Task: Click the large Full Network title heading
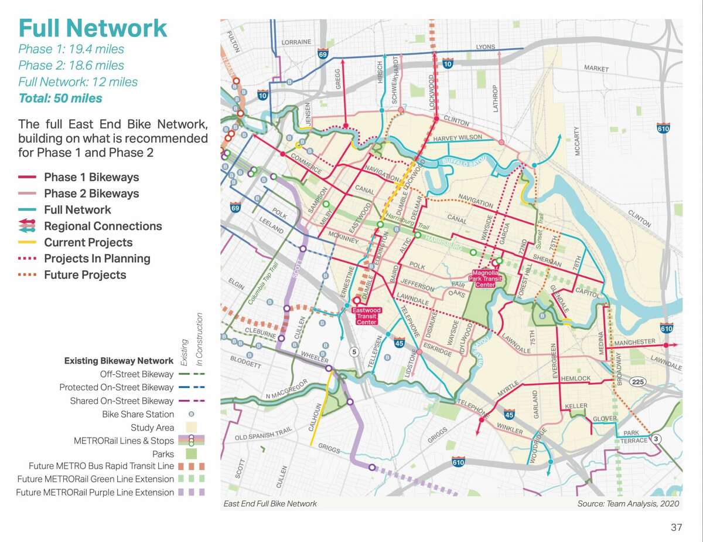[93, 28]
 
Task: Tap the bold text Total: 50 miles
[60, 98]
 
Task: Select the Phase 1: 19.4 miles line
[71, 49]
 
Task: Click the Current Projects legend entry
[88, 242]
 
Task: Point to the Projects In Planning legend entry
[97, 259]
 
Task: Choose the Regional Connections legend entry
[103, 226]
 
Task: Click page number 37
[676, 527]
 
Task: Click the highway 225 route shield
[638, 382]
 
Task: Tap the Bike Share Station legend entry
[138, 414]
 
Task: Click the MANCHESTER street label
[634, 341]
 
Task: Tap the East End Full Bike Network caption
[270, 503]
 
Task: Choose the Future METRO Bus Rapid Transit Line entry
[101, 466]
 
